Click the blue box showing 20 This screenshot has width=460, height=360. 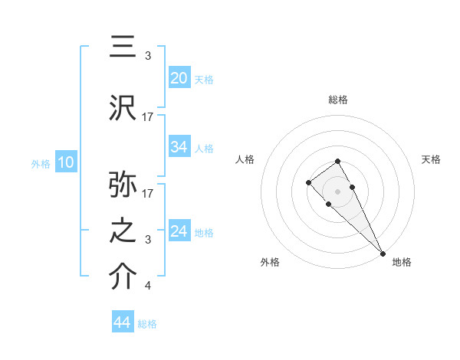pyautogui.click(x=179, y=77)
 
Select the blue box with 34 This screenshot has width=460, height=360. pyautogui.click(x=179, y=147)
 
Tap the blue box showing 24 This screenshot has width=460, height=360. pyautogui.click(x=179, y=231)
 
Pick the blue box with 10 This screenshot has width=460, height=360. pyautogui.click(x=65, y=162)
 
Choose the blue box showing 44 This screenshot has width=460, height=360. pyautogui.click(x=123, y=322)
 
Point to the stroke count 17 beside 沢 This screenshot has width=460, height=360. pyautogui.click(x=148, y=117)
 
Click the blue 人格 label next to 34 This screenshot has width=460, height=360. pyautogui.click(x=204, y=148)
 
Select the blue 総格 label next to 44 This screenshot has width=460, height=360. pyautogui.click(x=147, y=324)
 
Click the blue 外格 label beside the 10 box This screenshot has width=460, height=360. pyautogui.click(x=41, y=163)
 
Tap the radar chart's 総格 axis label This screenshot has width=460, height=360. pyautogui.click(x=338, y=100)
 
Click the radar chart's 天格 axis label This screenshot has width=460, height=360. pyautogui.click(x=432, y=159)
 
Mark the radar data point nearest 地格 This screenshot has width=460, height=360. pyautogui.click(x=382, y=253)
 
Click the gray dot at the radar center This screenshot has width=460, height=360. pyautogui.click(x=338, y=191)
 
